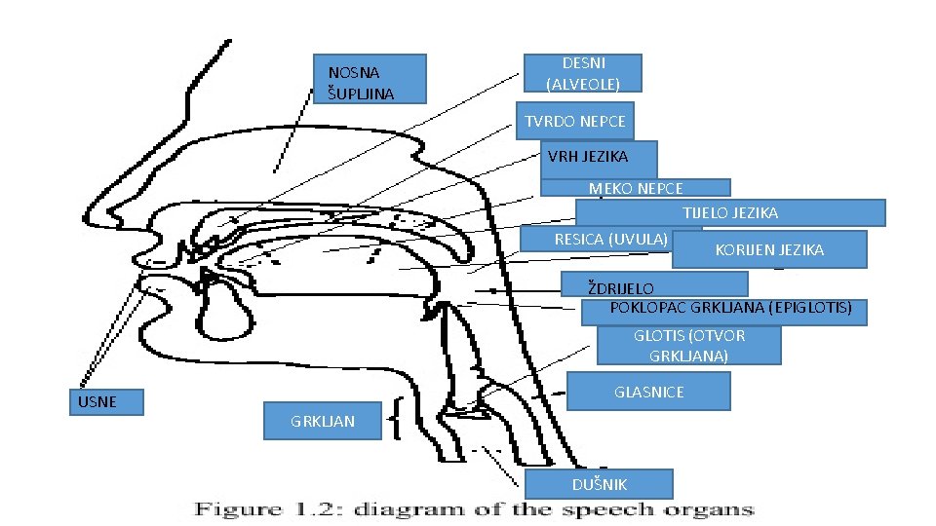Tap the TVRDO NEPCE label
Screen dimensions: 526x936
[575, 122]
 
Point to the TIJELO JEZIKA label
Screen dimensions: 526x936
[730, 212]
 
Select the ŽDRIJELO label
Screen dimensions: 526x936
[654, 285]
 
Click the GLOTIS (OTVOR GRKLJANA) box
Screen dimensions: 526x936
[689, 346]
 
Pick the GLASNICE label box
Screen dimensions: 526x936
[648, 392]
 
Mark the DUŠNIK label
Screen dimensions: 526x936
[599, 484]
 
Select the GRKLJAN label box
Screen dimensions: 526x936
[323, 421]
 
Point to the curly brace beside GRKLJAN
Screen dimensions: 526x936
[396, 421]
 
